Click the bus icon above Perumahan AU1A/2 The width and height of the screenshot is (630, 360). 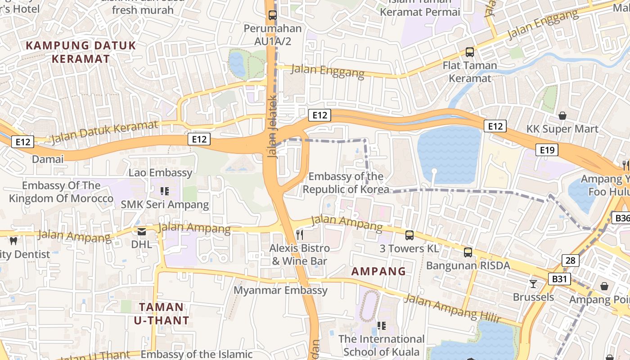272,15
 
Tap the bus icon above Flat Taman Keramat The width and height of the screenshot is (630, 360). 469,52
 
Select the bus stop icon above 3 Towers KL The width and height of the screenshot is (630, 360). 409,235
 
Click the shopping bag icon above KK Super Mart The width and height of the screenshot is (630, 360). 562,116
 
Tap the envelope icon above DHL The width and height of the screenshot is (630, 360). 142,232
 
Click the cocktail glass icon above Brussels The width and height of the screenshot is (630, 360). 533,283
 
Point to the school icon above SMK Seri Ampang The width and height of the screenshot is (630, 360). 165,191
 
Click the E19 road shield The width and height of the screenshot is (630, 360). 547,150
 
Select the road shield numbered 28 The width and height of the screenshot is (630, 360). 570,260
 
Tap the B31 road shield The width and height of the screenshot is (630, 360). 559,279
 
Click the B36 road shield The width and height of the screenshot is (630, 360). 622,218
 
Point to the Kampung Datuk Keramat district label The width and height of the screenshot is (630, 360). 81,52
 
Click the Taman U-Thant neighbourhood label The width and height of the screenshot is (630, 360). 162,314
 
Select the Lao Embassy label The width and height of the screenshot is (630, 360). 160,173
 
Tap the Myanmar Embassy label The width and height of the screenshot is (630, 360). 280,290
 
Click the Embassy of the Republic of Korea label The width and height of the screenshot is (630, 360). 346,183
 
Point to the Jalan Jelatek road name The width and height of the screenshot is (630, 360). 272,127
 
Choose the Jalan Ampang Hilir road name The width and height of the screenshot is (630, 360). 452,308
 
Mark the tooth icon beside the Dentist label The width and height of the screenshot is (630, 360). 13,241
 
